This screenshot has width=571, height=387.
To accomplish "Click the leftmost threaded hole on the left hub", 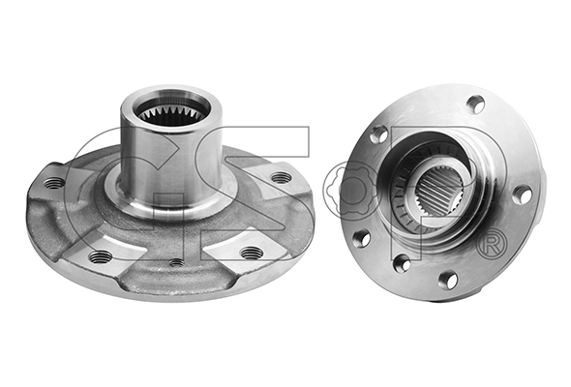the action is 54,183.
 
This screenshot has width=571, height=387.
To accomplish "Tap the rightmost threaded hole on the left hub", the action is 283,178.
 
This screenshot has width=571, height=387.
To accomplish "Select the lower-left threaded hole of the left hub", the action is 99,257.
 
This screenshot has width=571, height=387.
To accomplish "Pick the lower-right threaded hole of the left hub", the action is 252,253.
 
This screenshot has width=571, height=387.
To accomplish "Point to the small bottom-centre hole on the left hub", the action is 176,262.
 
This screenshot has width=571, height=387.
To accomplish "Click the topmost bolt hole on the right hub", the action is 476,104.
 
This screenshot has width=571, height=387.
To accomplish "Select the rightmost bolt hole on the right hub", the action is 523,195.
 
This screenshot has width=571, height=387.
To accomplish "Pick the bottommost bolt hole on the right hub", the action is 448,281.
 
